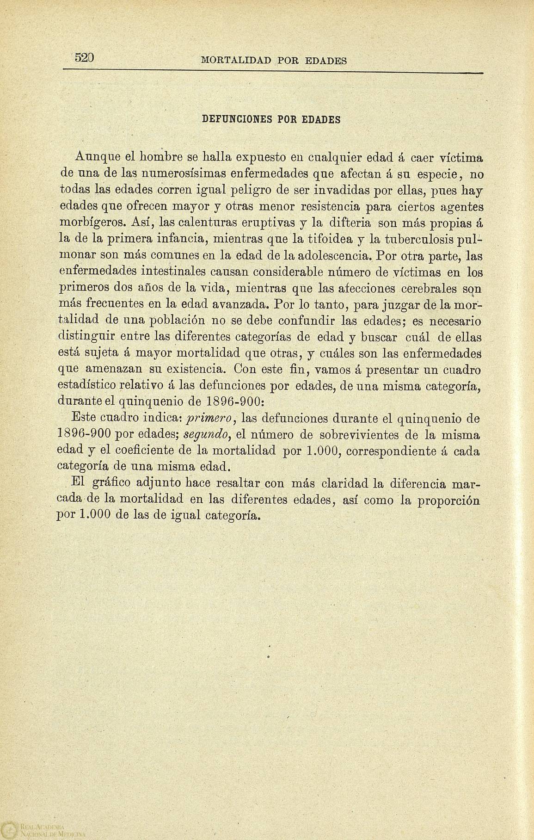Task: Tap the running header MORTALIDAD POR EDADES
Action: (275, 60)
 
